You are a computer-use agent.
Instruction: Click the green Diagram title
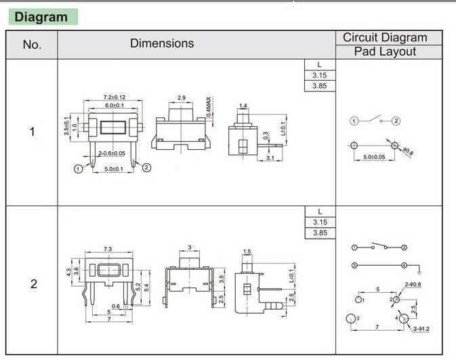point(41,17)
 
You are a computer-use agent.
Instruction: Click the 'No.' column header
point(32,45)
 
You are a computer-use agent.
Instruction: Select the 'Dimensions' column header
point(162,43)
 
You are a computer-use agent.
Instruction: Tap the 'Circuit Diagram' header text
point(385,38)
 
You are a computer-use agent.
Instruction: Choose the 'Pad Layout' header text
point(385,52)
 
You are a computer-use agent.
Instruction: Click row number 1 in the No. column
point(32,132)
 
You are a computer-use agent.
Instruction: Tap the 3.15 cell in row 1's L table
point(320,75)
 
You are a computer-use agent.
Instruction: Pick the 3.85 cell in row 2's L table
point(320,233)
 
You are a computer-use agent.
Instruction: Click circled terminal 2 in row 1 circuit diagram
point(396,121)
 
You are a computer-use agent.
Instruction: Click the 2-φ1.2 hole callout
point(422,329)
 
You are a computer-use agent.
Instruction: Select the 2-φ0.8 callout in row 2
point(413,284)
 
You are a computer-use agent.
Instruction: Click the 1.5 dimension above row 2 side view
point(247,252)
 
